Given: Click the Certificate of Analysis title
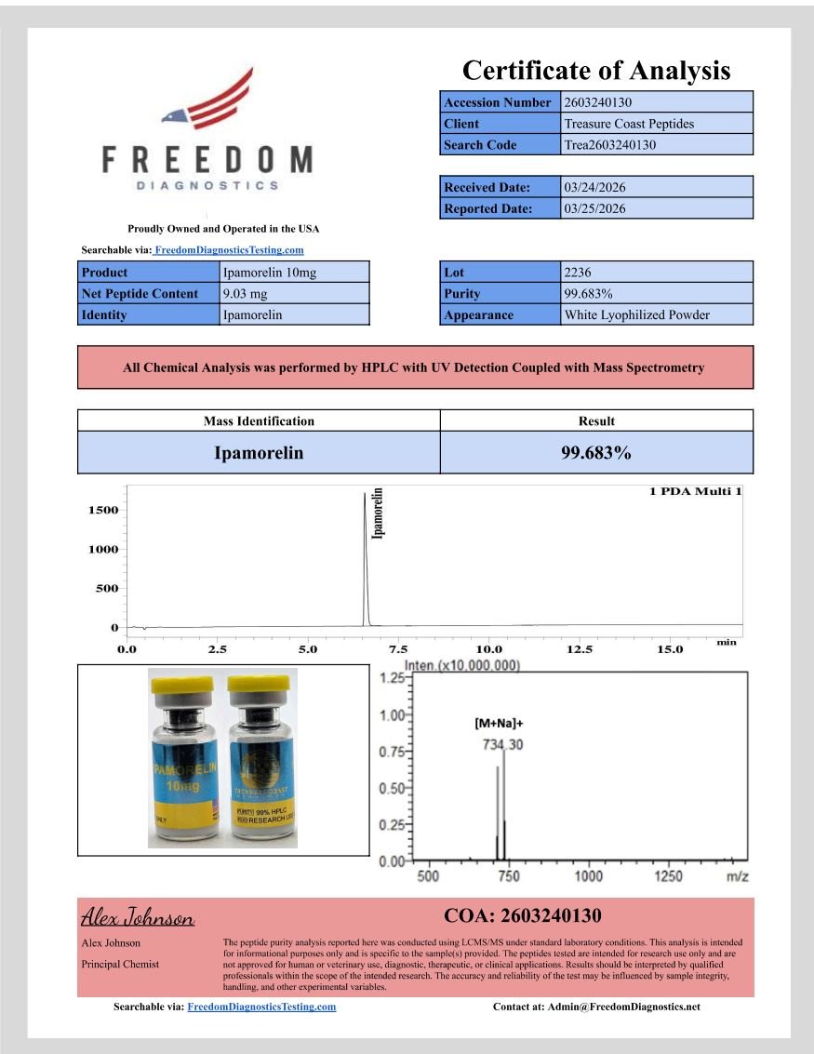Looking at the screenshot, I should (595, 71).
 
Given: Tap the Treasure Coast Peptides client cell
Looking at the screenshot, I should (629, 124).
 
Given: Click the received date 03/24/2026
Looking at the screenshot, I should (594, 187).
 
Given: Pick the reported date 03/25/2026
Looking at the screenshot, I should (594, 208).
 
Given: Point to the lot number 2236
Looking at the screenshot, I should (578, 273).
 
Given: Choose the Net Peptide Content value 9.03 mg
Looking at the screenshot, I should (246, 294).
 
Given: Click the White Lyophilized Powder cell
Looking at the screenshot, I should (636, 314).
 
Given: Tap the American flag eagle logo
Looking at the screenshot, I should (210, 100).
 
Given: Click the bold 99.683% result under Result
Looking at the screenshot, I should (595, 453).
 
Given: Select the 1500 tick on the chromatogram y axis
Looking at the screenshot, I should (102, 510).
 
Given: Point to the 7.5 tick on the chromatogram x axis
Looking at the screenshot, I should (398, 648).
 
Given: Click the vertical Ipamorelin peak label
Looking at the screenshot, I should (378, 514).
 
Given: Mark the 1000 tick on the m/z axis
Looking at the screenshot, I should (589, 876).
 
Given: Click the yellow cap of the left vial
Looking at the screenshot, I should (182, 687).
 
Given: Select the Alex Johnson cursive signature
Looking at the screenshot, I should (138, 919).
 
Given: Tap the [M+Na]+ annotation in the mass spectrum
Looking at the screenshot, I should (500, 723).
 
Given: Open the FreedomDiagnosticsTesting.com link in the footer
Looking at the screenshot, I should (261, 1007).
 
